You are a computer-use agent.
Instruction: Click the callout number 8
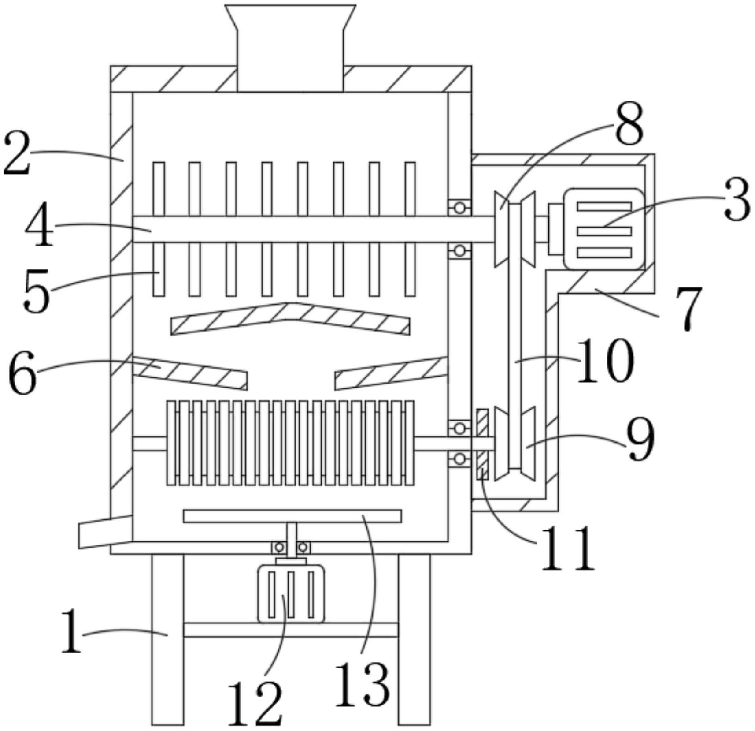[x=629, y=123]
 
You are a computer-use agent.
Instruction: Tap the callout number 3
[x=736, y=199]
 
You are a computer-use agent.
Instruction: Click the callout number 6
[x=22, y=373]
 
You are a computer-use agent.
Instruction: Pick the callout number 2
[x=17, y=153]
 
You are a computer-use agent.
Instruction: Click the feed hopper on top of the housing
[x=290, y=48]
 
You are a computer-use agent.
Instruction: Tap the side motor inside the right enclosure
[x=597, y=229]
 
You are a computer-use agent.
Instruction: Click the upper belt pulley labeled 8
[x=514, y=229]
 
